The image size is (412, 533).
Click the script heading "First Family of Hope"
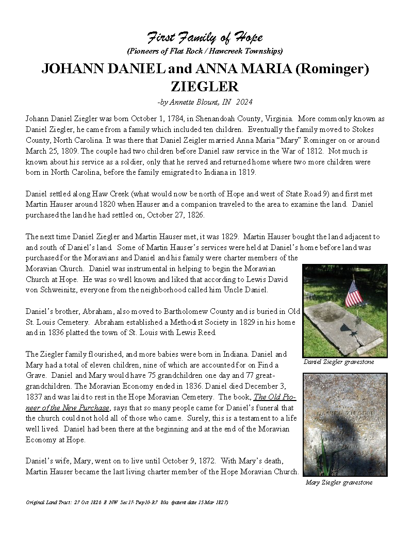coord(205,38)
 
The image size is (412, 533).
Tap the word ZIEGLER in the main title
coord(205,86)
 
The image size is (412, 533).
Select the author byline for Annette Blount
coord(205,102)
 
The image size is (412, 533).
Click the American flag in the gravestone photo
coord(354,293)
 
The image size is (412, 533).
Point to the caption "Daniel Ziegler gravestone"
coord(338,362)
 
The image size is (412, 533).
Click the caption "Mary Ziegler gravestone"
coord(338,482)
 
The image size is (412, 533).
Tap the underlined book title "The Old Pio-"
coord(275,397)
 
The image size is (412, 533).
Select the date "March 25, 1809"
coord(50,151)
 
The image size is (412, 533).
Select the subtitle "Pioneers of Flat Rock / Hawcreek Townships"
coord(205,51)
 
